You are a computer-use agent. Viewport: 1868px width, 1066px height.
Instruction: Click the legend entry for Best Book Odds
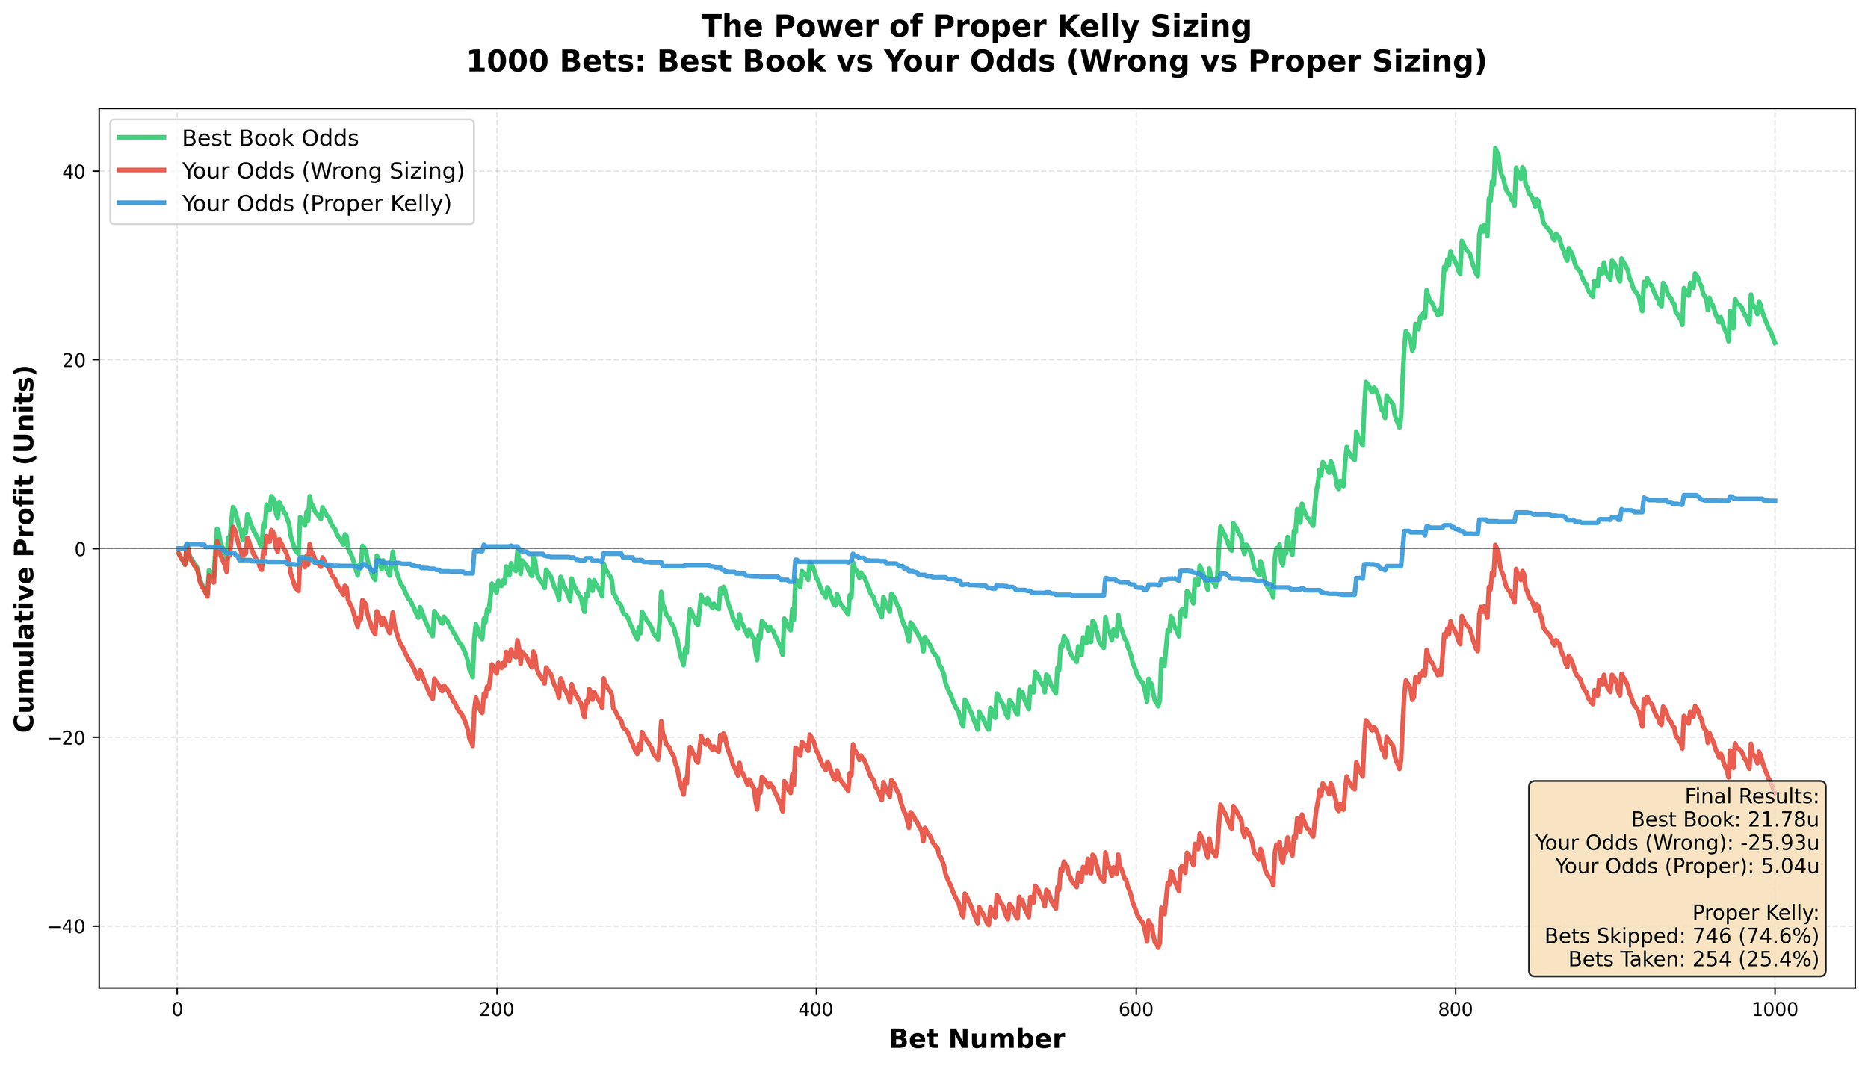tap(270, 139)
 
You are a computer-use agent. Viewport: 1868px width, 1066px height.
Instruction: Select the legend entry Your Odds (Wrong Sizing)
tap(322, 171)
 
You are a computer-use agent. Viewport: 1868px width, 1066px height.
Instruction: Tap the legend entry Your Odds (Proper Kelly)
tap(316, 203)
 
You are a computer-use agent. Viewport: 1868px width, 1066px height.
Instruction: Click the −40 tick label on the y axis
tap(72, 926)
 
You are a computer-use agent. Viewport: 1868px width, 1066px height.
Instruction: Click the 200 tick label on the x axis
tap(496, 1009)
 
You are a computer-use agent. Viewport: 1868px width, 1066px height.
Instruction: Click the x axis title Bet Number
tap(977, 1039)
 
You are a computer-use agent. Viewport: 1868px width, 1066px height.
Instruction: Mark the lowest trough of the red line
tap(1158, 948)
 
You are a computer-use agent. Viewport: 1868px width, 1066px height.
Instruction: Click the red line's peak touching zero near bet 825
tap(1495, 545)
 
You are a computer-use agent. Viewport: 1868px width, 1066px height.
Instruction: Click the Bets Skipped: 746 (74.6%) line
tap(1681, 936)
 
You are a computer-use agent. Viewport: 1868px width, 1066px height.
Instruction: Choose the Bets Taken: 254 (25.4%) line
tap(1693, 959)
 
